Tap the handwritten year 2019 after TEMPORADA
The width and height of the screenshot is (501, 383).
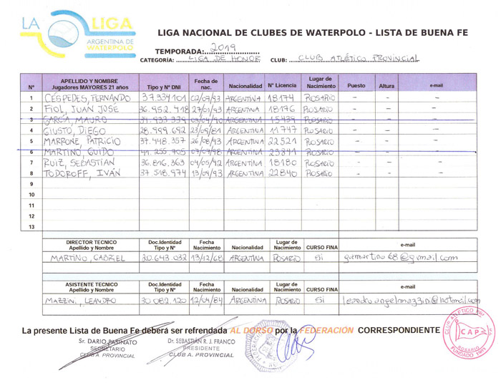(227, 47)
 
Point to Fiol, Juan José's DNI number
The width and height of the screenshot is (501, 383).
(163, 109)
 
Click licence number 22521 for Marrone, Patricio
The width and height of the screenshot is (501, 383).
(281, 141)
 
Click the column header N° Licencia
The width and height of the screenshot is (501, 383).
(281, 85)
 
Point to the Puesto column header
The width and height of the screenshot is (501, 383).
(356, 85)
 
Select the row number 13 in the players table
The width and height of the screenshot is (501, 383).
(31, 227)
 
